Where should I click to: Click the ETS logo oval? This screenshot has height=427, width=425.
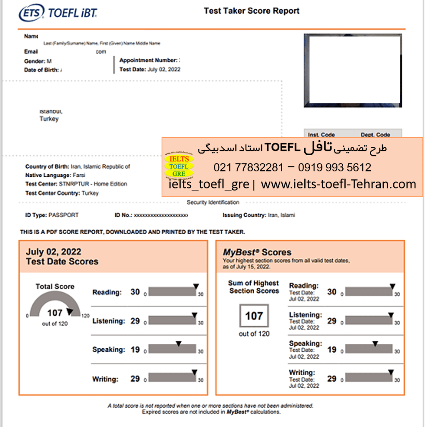click(x=31, y=13)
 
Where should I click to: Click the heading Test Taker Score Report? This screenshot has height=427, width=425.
click(x=251, y=11)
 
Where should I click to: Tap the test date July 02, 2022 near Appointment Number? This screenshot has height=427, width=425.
click(x=164, y=70)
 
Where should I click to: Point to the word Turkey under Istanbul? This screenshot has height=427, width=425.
click(x=49, y=119)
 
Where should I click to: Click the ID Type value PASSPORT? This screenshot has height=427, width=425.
click(x=63, y=215)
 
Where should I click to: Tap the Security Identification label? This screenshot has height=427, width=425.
click(x=213, y=202)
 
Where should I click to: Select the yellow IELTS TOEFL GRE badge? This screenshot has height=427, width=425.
click(x=179, y=166)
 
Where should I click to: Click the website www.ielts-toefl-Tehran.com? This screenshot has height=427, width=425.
click(x=339, y=184)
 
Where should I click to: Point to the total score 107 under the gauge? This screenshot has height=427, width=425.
click(x=55, y=313)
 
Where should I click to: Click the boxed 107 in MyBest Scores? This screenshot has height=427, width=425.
click(x=254, y=316)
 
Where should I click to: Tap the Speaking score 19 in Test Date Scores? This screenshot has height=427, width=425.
click(x=135, y=349)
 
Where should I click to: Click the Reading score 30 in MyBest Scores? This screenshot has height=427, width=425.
click(x=332, y=292)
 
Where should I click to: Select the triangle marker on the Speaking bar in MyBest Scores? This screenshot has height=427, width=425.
click(x=375, y=343)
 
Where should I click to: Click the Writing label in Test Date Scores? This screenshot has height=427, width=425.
click(x=105, y=379)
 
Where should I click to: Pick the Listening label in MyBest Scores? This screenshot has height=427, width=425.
click(x=305, y=315)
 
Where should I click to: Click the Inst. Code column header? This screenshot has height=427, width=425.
click(x=321, y=135)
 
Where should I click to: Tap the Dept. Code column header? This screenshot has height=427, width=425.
click(x=375, y=135)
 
